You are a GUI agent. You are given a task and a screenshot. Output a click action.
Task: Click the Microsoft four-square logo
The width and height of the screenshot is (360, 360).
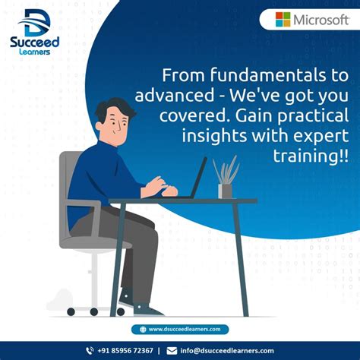pos(283,20)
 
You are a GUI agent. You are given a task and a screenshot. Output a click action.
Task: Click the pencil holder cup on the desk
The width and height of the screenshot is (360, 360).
pos(226,190)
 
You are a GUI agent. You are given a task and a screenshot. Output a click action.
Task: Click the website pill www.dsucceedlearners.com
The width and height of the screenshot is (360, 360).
pos(179,329)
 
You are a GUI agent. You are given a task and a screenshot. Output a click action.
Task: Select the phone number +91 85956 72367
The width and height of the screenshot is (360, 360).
pos(125,350)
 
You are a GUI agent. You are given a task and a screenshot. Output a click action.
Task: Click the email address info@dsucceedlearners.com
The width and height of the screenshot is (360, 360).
pos(227,350)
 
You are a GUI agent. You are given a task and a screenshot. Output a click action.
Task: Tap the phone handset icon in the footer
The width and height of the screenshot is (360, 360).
pos(89,350)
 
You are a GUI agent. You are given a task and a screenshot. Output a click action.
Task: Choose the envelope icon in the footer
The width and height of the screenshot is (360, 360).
pos(172,350)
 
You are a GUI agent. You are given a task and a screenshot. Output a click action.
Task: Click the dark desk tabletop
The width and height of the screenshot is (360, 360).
pos(182,201)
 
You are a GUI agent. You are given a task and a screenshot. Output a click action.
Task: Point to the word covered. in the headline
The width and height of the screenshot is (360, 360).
pos(188,116)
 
